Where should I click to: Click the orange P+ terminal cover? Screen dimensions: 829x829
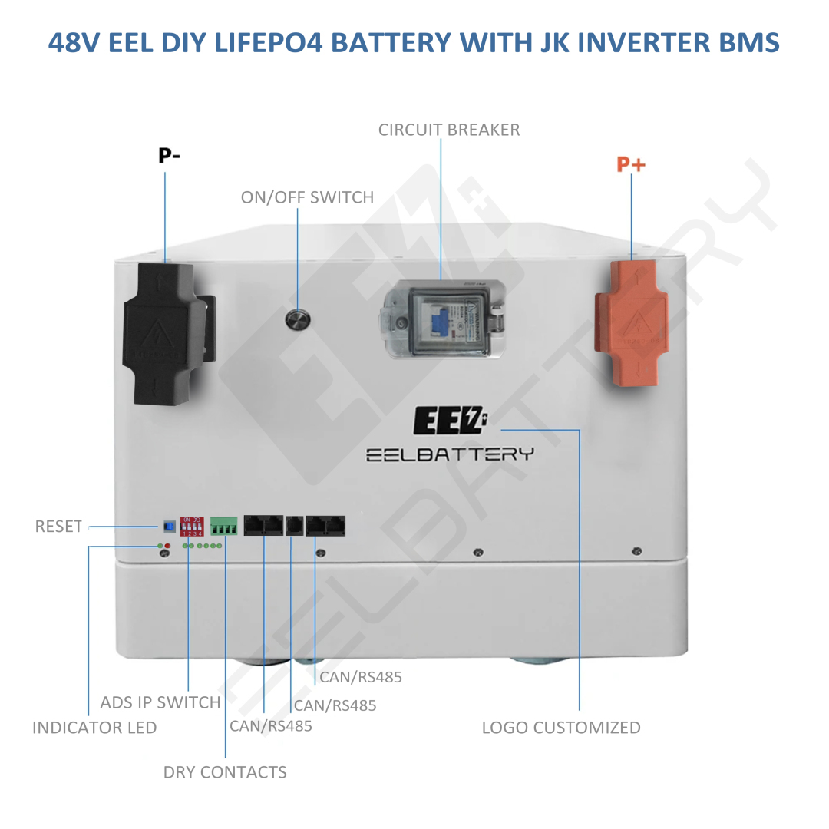631,322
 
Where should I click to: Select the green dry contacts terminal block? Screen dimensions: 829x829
224,527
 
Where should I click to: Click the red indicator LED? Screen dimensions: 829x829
167,546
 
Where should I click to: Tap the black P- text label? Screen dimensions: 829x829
170,156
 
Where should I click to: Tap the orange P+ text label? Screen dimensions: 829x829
631,164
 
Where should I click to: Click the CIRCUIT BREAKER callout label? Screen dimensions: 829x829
449,130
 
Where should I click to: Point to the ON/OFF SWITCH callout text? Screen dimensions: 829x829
307,197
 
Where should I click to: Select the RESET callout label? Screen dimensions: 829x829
58,527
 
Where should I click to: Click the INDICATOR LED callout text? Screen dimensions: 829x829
94,728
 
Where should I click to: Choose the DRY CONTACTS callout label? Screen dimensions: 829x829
225,772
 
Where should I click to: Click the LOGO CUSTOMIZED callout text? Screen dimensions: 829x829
561,728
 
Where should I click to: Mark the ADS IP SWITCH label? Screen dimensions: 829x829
160,702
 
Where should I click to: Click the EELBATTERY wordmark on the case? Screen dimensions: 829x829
449,454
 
